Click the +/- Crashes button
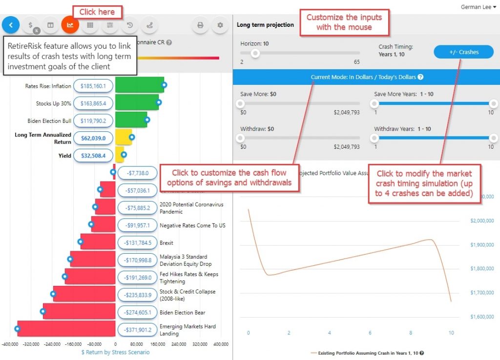coord(463,52)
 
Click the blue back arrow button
coord(11,25)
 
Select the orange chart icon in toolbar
coord(70,25)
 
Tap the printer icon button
coord(200,25)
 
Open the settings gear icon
coord(220,25)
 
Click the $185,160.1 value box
coord(93,86)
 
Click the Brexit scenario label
coord(167,243)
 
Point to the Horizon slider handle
coord(254,53)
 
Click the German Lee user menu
coord(478,7)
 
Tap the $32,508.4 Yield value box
coord(93,156)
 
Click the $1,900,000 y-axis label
coord(481,245)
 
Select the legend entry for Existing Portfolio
coord(366,353)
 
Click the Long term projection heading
coord(266,25)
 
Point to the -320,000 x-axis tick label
coord(31,344)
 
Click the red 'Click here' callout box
coord(97,12)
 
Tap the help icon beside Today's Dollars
coord(420,77)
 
